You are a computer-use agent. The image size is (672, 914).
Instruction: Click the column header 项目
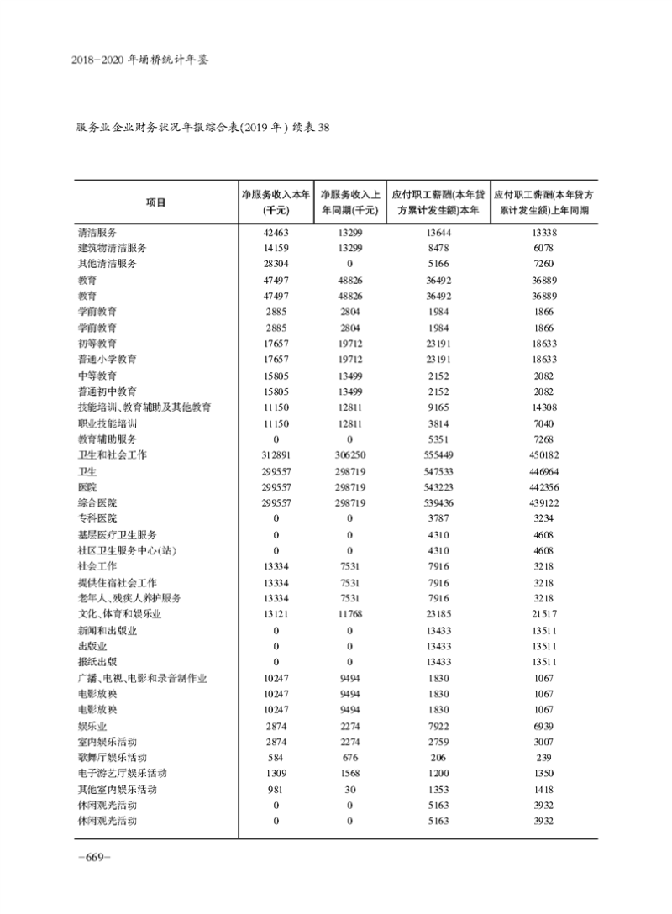point(155,202)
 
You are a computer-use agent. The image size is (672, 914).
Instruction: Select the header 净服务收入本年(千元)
point(276,202)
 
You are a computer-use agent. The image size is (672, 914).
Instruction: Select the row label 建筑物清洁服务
point(113,248)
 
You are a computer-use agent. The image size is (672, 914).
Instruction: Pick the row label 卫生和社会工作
point(113,454)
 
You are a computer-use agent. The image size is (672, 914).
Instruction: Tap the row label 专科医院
point(97,518)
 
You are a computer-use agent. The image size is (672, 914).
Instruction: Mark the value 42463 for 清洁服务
point(276,232)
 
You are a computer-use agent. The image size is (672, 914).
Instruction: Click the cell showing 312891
point(276,454)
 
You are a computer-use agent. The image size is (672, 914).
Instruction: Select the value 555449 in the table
point(439,454)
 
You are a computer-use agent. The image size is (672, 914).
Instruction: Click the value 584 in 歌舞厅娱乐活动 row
point(276,757)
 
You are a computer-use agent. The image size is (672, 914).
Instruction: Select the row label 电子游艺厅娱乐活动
point(123,773)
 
